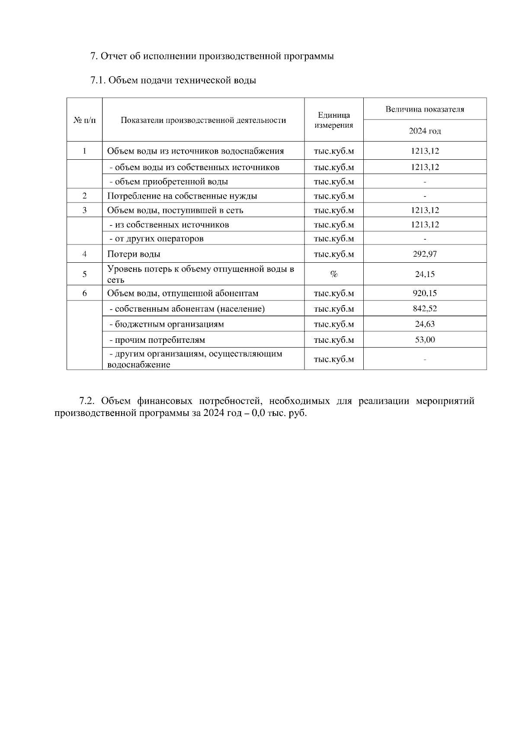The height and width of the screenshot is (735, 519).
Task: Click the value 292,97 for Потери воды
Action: point(425,254)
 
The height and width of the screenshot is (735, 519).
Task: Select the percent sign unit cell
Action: point(333,274)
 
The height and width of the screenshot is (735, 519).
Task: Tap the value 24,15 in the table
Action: point(425,274)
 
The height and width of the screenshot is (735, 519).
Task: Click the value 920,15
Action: point(425,293)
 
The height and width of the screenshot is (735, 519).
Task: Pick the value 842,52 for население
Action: point(425,309)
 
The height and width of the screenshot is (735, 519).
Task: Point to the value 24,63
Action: point(425,324)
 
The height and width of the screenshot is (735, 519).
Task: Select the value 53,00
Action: point(425,340)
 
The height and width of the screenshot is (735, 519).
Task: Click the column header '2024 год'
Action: point(425,131)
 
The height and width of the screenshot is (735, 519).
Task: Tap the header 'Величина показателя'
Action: point(425,109)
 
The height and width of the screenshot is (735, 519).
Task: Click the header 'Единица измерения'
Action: point(333,120)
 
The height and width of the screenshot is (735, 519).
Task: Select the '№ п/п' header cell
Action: point(84,120)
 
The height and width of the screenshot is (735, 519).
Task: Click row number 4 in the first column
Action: point(84,254)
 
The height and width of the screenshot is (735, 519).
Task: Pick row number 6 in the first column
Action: point(84,293)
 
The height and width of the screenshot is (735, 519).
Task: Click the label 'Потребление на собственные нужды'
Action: point(182,196)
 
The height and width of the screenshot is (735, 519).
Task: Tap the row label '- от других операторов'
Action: point(156,239)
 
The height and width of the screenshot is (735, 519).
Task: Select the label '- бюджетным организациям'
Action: point(167,324)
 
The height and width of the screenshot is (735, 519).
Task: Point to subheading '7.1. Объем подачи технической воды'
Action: point(173,81)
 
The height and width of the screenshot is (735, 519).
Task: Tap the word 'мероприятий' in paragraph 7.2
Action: point(445,401)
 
